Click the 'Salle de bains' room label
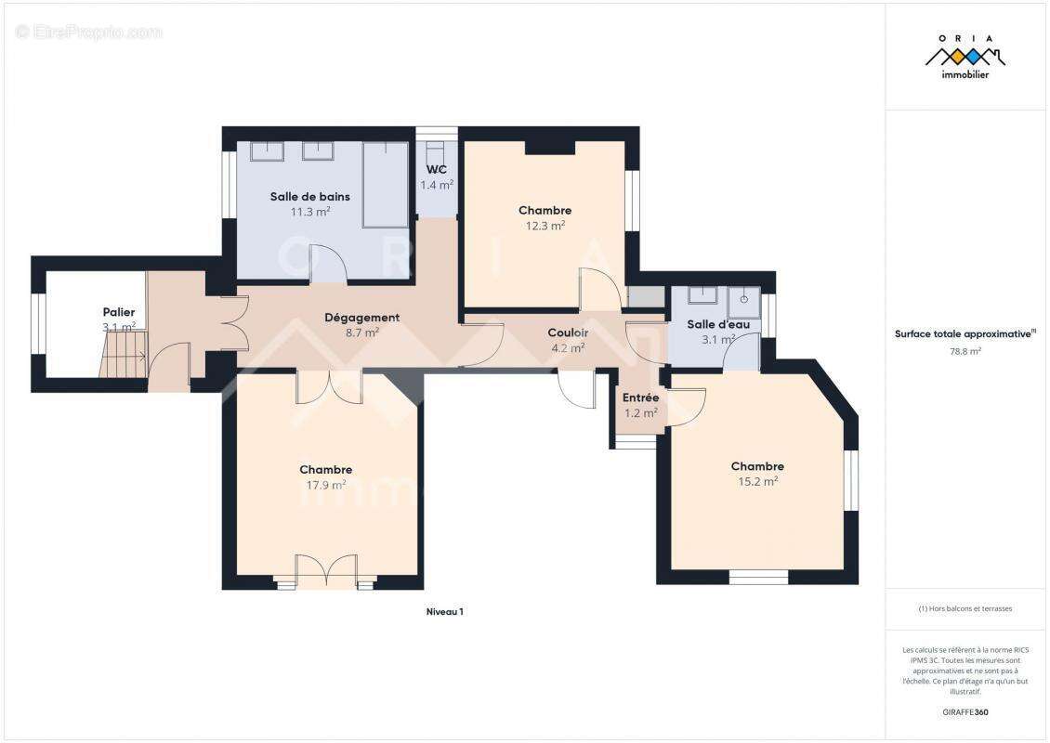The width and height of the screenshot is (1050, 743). pyautogui.click(x=310, y=197)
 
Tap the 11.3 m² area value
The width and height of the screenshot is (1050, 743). pyautogui.click(x=310, y=212)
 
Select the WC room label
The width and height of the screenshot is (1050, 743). pyautogui.click(x=437, y=169)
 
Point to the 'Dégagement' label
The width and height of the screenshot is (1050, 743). pyautogui.click(x=361, y=318)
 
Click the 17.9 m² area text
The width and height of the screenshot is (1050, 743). pyautogui.click(x=326, y=485)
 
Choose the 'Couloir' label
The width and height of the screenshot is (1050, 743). pyautogui.click(x=568, y=332)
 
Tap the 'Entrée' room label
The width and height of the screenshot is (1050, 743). pyautogui.click(x=641, y=398)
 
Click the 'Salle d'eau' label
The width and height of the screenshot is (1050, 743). pyautogui.click(x=718, y=325)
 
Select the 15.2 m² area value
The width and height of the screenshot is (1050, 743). pyautogui.click(x=757, y=481)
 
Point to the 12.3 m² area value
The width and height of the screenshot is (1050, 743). pyautogui.click(x=545, y=226)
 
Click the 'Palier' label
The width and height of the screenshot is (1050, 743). pyautogui.click(x=119, y=312)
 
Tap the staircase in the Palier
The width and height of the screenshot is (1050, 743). pyautogui.click(x=123, y=354)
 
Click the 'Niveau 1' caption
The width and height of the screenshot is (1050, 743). pyautogui.click(x=445, y=612)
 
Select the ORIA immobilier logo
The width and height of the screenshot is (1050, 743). pyautogui.click(x=965, y=57)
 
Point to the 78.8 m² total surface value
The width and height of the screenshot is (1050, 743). pyautogui.click(x=965, y=351)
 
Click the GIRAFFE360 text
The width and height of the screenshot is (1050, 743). pyautogui.click(x=965, y=712)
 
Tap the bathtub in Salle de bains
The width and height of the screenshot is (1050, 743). pyautogui.click(x=386, y=185)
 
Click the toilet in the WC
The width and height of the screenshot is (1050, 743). pyautogui.click(x=436, y=150)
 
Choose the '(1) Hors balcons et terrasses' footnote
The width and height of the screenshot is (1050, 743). pyautogui.click(x=965, y=608)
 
